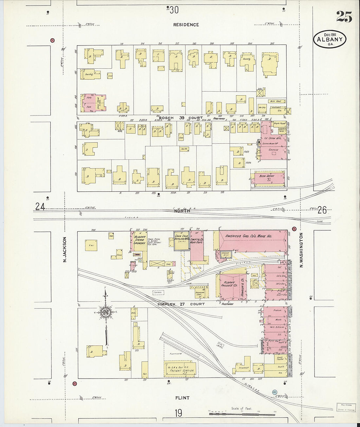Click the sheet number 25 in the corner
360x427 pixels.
(344, 16)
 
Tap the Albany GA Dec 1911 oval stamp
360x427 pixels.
(330, 40)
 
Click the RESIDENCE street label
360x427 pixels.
(186, 25)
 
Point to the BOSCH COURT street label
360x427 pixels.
(181, 118)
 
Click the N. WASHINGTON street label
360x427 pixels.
(301, 250)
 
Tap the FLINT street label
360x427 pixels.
(182, 398)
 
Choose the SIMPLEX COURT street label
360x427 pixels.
(181, 304)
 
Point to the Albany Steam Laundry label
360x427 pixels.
(139, 240)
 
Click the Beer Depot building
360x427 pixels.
(267, 178)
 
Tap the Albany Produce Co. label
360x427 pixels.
(229, 284)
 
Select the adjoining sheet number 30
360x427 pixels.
(174, 10)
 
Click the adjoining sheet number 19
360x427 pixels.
(178, 413)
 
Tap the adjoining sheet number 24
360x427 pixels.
(40, 207)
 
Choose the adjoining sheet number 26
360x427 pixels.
(322, 210)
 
